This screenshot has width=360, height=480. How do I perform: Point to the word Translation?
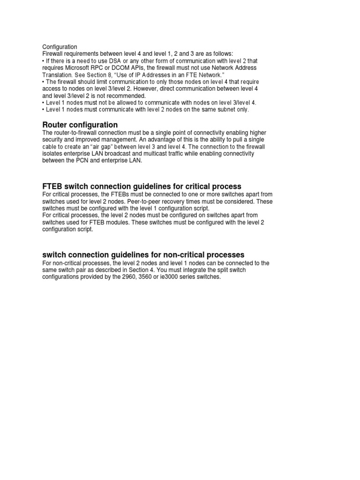(57, 75)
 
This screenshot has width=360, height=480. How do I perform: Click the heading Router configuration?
(80, 125)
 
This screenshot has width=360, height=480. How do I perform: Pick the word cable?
(50, 147)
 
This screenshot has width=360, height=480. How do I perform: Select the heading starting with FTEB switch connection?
(142, 187)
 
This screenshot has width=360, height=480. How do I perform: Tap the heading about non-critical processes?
(143, 255)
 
